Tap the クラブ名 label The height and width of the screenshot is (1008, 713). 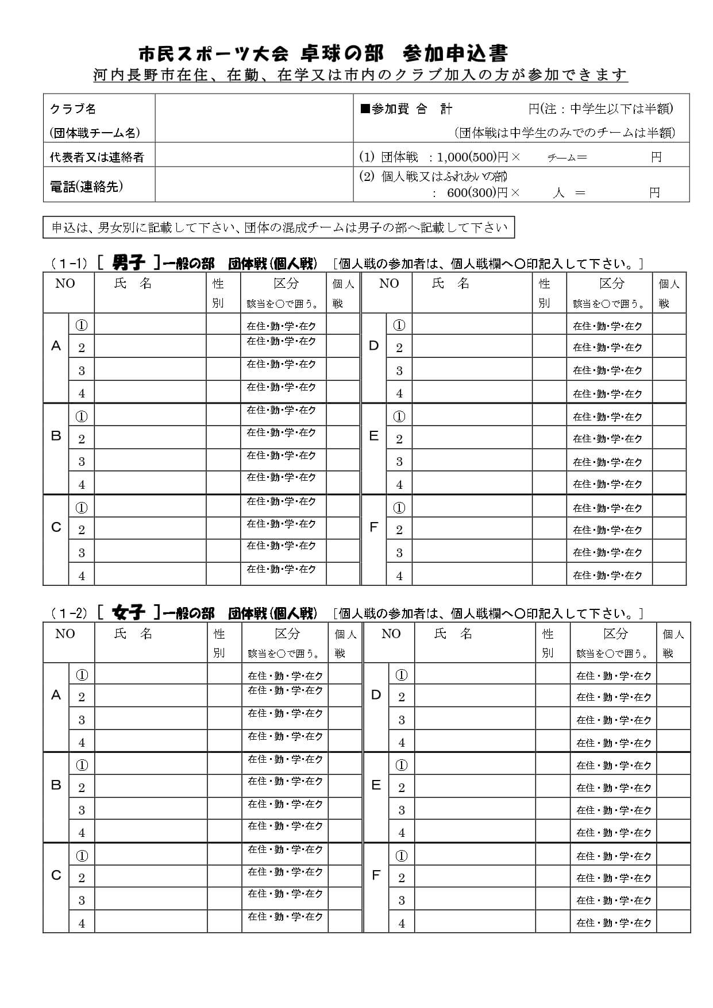tap(73, 109)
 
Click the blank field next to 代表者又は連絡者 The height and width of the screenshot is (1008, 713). tap(254, 155)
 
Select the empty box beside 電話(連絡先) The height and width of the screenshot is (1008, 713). tap(254, 184)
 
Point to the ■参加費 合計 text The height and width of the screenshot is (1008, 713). tap(406, 109)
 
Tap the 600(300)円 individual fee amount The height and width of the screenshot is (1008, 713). tap(477, 193)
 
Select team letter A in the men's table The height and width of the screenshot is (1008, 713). tap(56, 346)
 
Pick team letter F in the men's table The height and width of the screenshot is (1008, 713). tap(373, 527)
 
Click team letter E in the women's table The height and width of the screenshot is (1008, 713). tap(376, 785)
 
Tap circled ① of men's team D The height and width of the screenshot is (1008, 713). tap(399, 325)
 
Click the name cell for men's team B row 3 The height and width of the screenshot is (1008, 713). tap(150, 461)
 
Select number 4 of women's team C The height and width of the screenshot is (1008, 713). tap(82, 923)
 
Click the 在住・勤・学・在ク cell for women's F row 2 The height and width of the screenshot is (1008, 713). tap(614, 878)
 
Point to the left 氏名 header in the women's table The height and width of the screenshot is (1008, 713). tap(133, 634)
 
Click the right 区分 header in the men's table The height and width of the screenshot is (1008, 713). tap(611, 283)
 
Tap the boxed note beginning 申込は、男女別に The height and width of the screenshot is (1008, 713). tap(279, 227)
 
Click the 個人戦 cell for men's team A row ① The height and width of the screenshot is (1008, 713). tap(343, 325)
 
